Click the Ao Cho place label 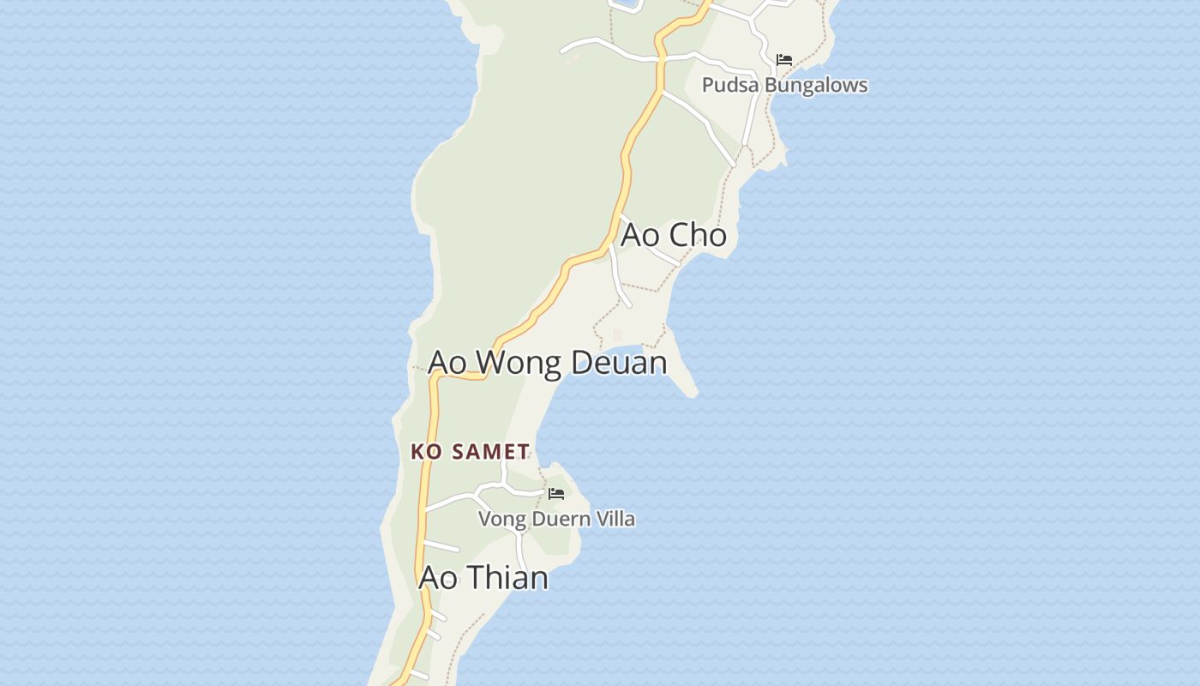pos(674,235)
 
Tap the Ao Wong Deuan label pos(547,362)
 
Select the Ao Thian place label pos(483,577)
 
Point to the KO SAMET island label pos(470,451)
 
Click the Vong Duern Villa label pos(556,519)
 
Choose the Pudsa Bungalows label pos(784,85)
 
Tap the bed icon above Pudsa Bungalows pos(783,60)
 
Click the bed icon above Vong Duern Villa pos(556,494)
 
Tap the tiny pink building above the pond pos(617,334)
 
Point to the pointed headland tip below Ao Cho pos(693,394)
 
